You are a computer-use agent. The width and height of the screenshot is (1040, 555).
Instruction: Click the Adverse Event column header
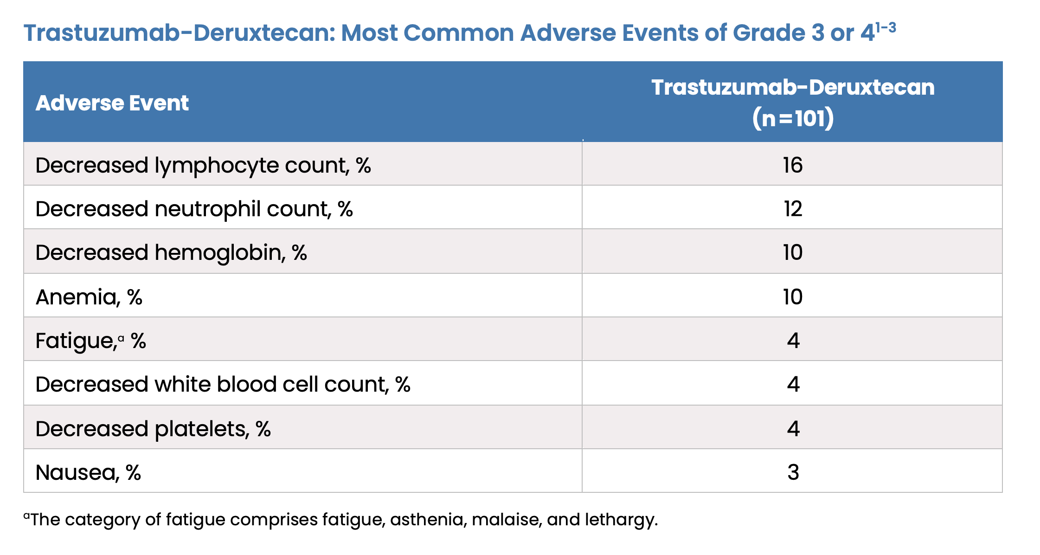tap(112, 103)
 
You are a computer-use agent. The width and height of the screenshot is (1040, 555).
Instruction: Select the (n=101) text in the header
tap(793, 118)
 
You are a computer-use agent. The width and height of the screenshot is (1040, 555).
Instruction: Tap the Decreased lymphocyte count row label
tap(203, 166)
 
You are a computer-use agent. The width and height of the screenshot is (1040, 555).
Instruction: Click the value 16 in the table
tap(793, 165)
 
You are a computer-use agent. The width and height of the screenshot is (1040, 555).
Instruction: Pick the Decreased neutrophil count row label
tap(194, 209)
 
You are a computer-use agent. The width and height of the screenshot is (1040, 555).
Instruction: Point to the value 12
tap(793, 209)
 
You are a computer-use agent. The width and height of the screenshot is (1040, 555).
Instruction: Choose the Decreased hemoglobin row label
tap(171, 253)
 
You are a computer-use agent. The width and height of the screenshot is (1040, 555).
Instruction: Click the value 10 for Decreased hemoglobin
tap(793, 252)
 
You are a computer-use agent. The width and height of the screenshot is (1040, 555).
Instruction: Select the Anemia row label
tap(89, 297)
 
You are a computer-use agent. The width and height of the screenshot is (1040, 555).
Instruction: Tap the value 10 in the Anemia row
tap(793, 297)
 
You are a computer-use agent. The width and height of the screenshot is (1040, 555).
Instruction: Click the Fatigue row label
tap(91, 341)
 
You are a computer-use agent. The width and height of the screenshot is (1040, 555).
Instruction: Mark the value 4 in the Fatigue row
tap(793, 341)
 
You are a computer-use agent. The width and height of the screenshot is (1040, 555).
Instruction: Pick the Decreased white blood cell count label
tap(223, 385)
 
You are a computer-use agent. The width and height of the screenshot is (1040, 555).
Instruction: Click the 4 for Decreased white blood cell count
tap(793, 384)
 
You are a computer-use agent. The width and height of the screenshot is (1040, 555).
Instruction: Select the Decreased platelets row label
tap(153, 429)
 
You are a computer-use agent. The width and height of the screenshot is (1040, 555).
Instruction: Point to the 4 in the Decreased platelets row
tap(793, 428)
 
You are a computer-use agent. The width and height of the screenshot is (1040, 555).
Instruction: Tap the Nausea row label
tap(88, 472)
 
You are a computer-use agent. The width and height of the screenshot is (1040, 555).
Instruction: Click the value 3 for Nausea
tap(793, 472)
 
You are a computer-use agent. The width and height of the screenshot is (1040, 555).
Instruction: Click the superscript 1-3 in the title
tap(886, 28)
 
